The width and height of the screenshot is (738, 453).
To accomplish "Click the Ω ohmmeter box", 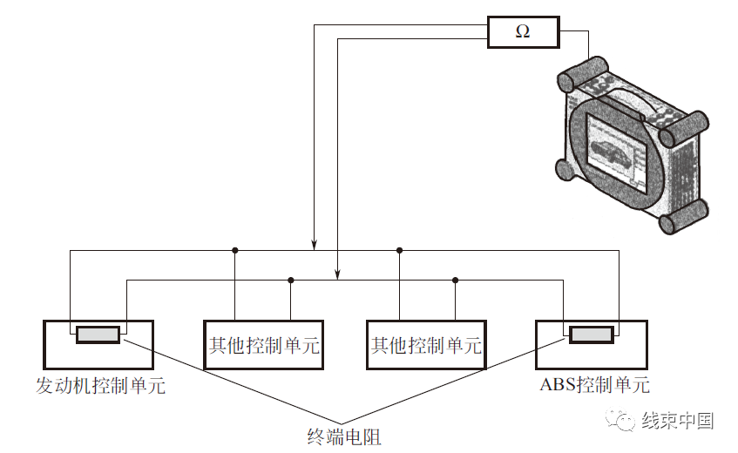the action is [523, 32].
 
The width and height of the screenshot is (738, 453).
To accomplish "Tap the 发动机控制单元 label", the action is [101, 386].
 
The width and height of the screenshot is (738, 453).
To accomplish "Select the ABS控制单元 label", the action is [594, 385].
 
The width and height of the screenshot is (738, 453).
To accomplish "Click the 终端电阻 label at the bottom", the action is [344, 436].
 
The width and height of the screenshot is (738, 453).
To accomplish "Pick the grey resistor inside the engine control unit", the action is [98, 335].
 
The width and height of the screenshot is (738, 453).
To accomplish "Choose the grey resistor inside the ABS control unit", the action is [592, 335].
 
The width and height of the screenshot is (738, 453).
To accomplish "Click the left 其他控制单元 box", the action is [263, 345].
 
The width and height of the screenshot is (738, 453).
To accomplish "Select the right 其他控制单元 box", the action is [426, 345].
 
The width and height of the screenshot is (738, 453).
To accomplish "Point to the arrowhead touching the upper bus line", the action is [314, 246].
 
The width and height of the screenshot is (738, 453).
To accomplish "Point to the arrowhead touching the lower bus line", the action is [337, 274].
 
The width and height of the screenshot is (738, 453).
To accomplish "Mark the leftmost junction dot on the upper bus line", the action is [235, 250].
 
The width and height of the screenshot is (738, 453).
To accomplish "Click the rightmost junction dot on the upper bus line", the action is [399, 250].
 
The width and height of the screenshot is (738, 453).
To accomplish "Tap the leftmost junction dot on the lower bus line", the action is [290, 280].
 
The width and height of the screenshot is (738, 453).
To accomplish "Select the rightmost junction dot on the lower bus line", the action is [455, 280].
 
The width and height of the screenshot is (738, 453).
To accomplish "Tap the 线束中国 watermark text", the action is [678, 420].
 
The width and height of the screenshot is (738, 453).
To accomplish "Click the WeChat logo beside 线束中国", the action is [621, 419].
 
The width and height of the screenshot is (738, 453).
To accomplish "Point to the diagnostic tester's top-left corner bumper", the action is [582, 75].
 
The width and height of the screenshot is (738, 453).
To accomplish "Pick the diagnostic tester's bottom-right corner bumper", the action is [683, 216].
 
